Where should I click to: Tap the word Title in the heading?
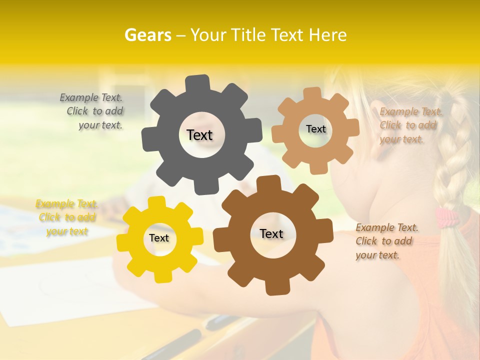click(248, 35)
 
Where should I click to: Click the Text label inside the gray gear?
click(199, 135)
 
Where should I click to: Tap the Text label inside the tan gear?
click(315, 129)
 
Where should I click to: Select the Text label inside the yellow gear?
click(159, 238)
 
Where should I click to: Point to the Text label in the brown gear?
click(271, 233)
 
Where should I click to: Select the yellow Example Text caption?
click(67, 217)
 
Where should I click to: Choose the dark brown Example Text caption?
click(385, 241)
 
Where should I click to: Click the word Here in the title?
click(327, 35)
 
